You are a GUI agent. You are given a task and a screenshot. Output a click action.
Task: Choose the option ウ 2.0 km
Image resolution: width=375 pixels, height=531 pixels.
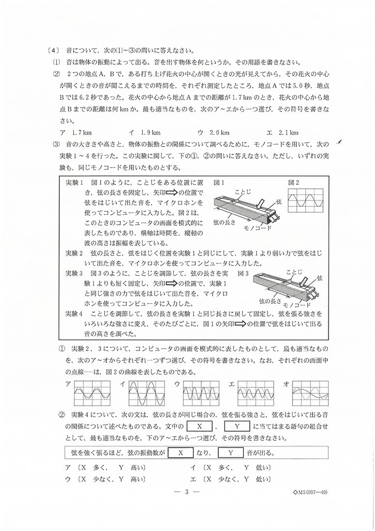(214, 132)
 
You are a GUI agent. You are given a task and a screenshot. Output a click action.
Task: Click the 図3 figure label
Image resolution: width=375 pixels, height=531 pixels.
(244, 272)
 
